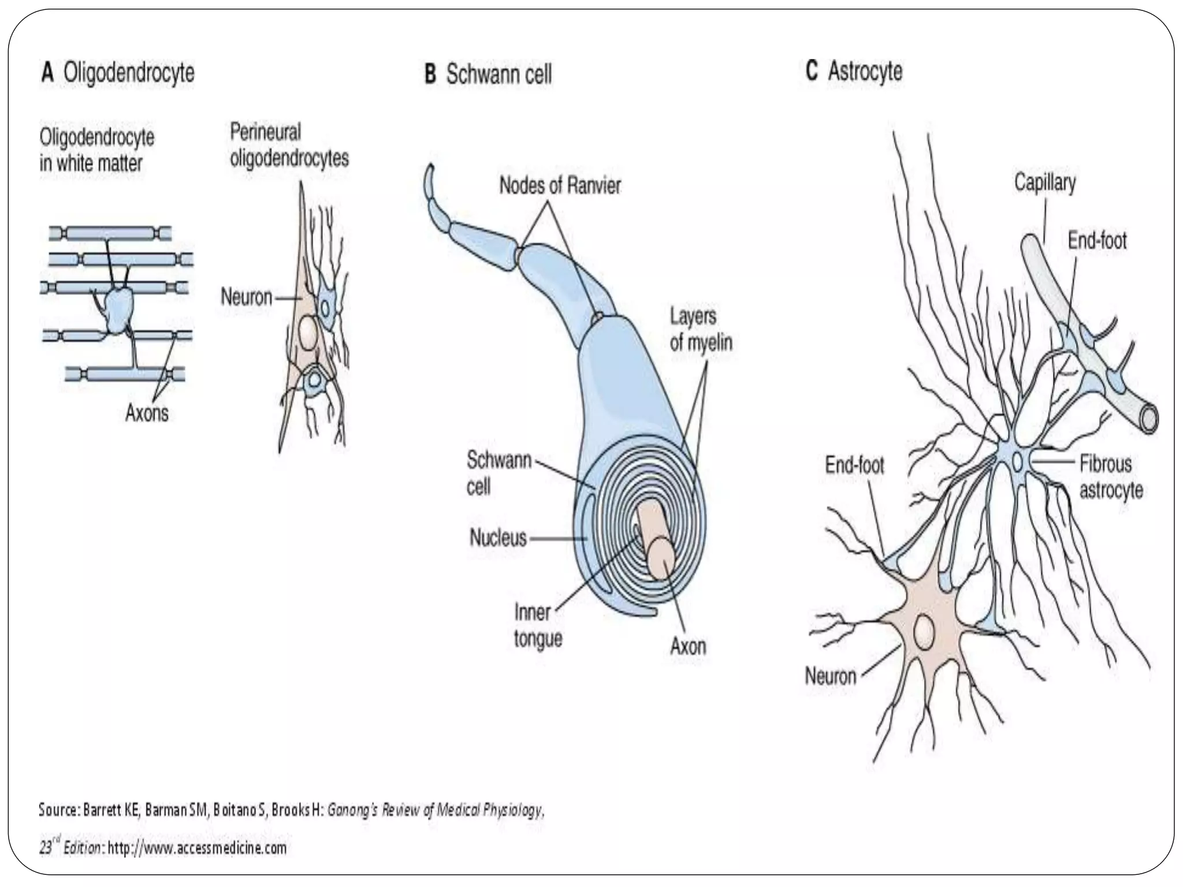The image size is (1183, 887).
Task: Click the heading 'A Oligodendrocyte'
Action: point(118,74)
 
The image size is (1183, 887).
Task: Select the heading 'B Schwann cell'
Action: point(488,75)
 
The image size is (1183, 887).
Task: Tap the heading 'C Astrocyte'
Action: point(854,72)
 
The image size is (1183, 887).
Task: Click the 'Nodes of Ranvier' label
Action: point(560,185)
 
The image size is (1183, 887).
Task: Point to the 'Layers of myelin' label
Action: point(701,329)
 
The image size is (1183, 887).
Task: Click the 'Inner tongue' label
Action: point(538,625)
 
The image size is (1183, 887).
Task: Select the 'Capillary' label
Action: point(1045,183)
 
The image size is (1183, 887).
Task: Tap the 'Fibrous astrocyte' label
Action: point(1111,476)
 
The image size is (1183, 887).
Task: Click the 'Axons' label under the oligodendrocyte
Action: point(147,413)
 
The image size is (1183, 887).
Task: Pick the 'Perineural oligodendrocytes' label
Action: point(289,145)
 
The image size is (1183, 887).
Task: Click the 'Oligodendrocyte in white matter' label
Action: point(96,150)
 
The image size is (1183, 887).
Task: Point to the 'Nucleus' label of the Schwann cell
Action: point(498,538)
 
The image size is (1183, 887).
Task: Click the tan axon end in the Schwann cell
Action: point(660,558)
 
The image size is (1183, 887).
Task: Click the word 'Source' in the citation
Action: point(58,810)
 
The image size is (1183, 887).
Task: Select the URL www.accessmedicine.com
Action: point(196,848)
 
